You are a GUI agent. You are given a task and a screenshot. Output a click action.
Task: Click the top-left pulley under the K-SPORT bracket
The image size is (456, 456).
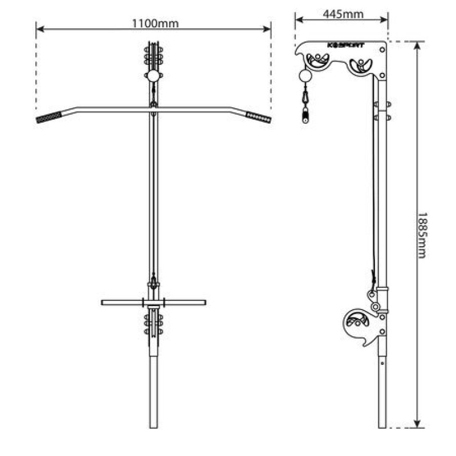[317, 60]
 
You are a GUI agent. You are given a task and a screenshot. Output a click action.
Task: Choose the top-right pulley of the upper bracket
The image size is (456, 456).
[361, 65]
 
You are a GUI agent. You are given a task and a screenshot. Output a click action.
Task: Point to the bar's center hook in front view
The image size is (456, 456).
[153, 104]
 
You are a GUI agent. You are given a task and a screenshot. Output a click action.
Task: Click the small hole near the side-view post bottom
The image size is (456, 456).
[382, 360]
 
